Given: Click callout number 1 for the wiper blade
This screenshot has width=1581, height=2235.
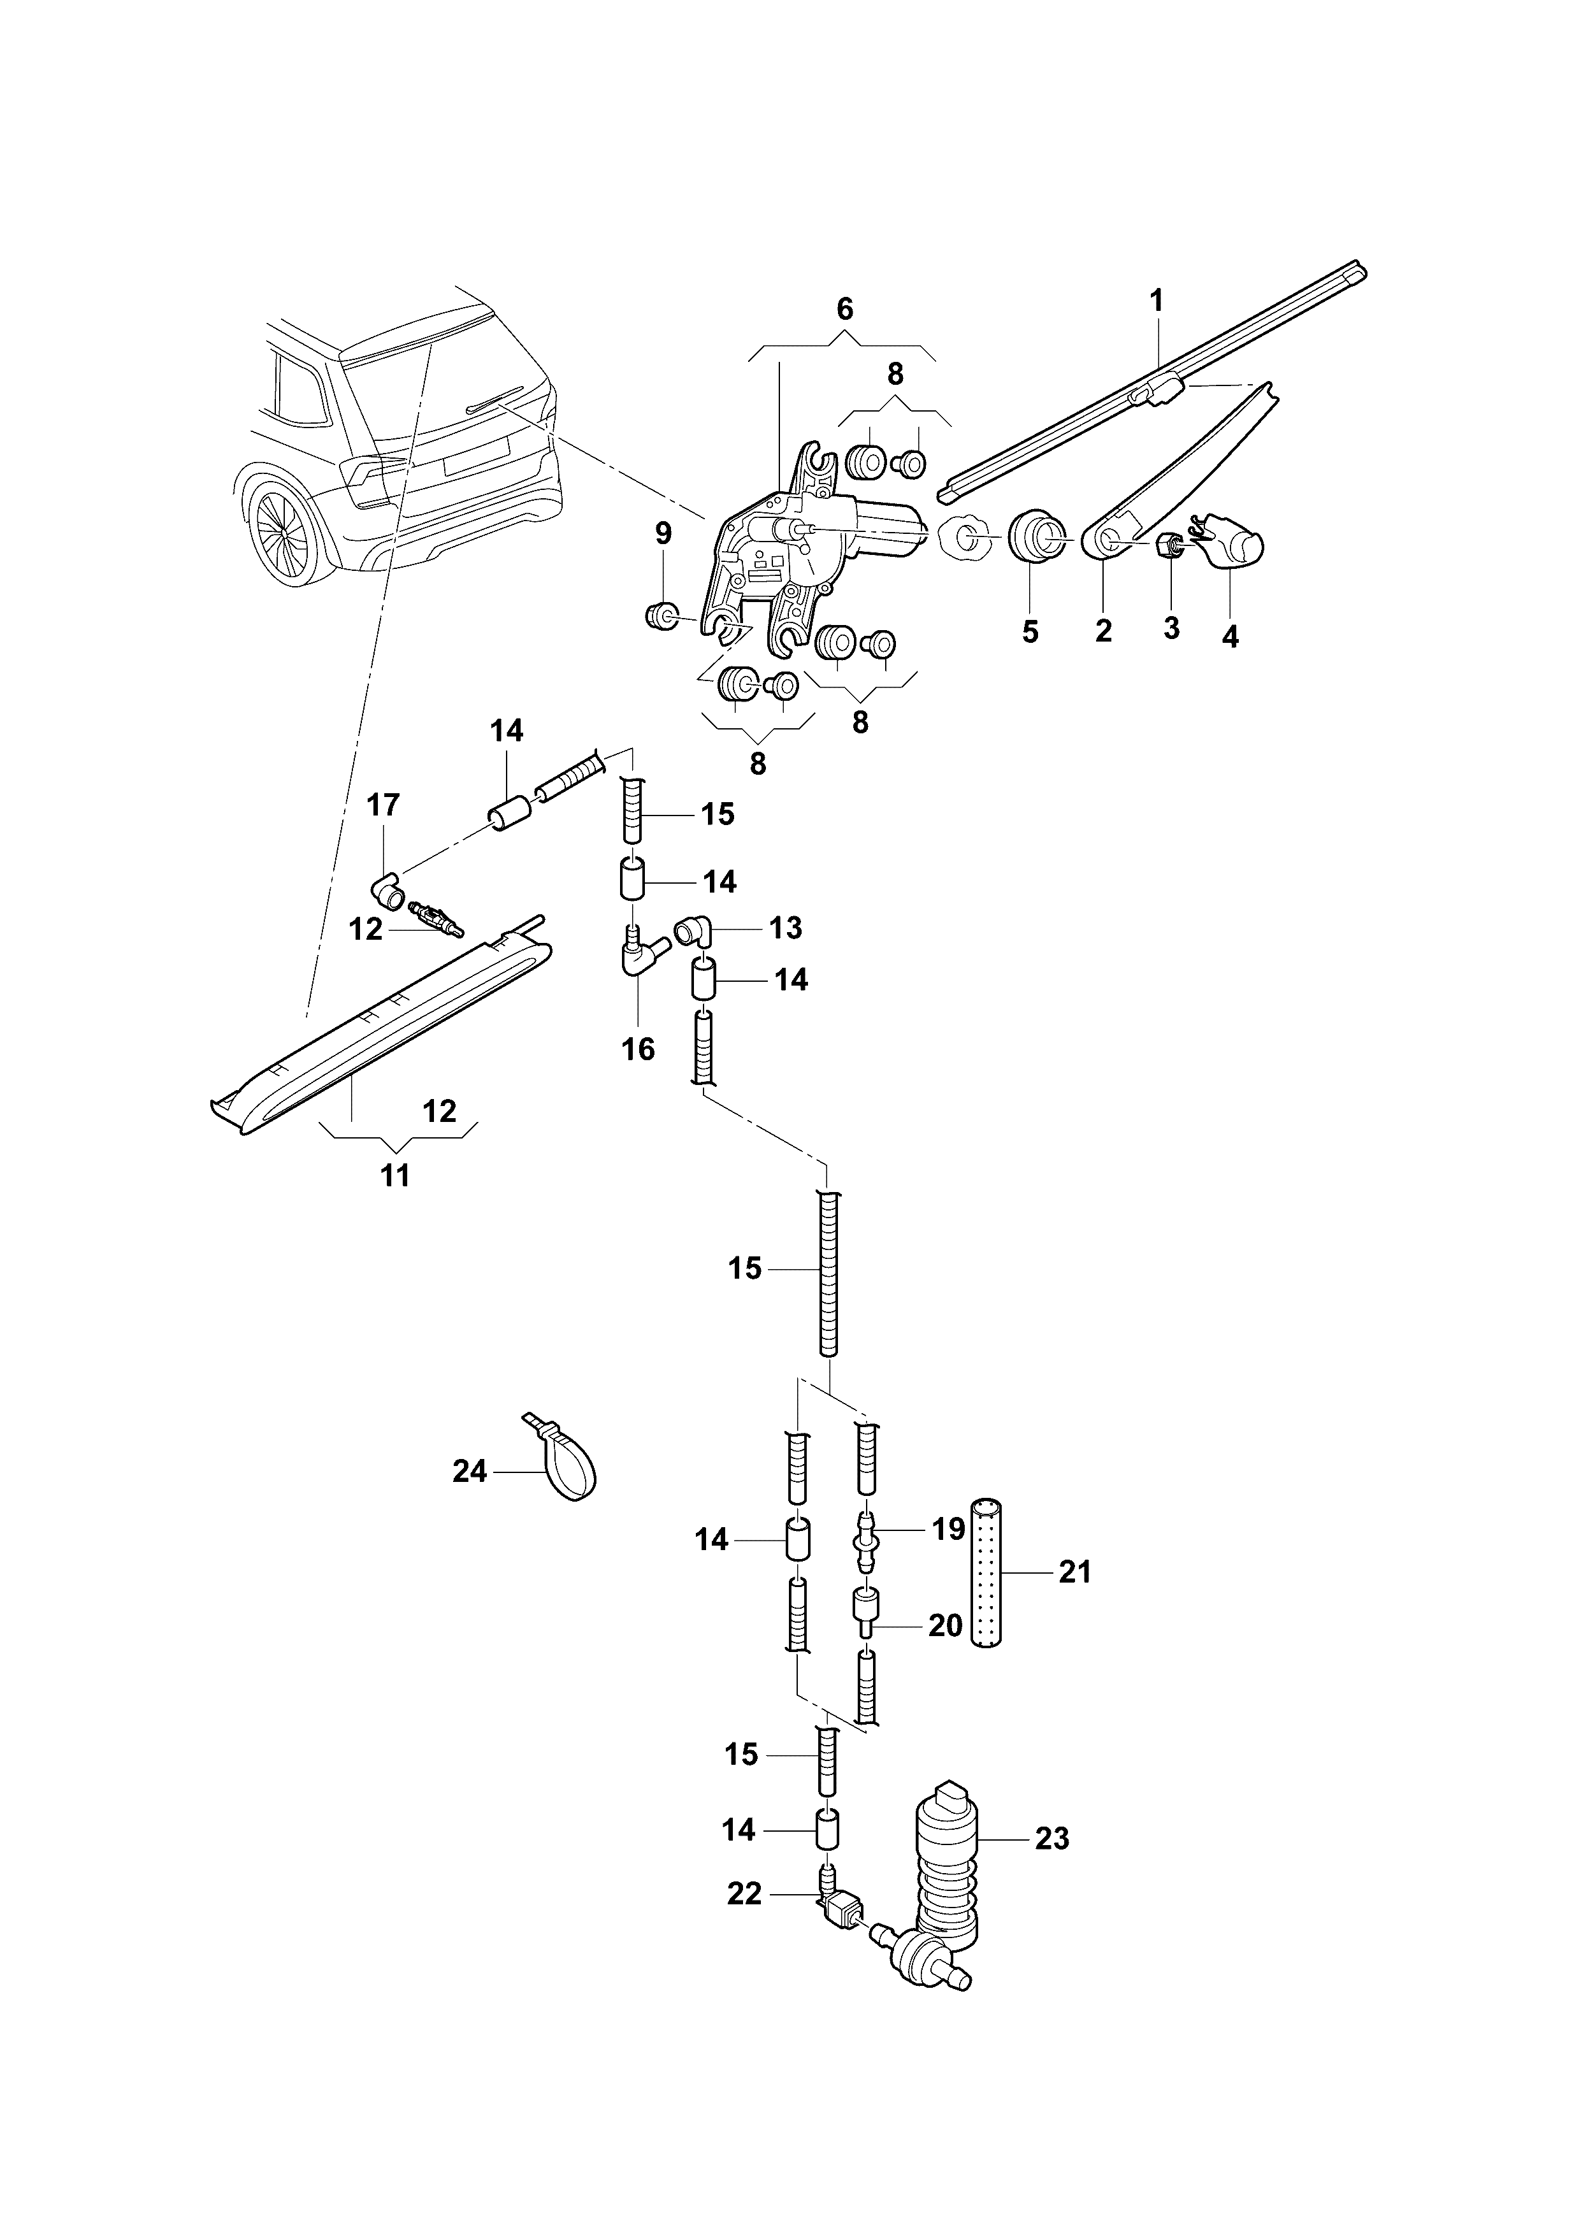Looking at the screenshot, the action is [x=1157, y=301].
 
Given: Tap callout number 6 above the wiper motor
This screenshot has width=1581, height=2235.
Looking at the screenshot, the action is [x=845, y=308].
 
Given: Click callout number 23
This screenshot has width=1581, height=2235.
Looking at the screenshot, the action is [x=1051, y=1839].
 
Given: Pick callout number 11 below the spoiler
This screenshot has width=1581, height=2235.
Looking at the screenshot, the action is [x=394, y=1176].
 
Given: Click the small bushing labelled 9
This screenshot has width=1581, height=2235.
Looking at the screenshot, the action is [x=662, y=616].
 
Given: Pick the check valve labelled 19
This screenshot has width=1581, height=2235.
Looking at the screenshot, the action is [x=867, y=1541].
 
